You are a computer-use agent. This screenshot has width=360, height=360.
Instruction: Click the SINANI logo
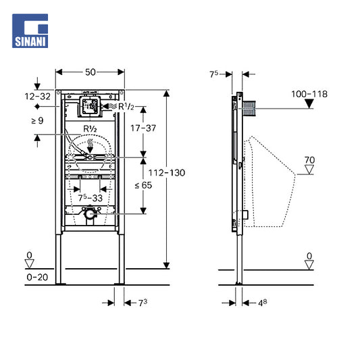coord(30,31)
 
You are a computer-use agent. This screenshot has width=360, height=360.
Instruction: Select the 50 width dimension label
coord(91,72)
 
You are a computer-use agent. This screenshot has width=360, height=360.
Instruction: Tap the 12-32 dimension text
coord(37,97)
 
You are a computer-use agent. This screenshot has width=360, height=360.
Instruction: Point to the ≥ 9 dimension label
coord(37,120)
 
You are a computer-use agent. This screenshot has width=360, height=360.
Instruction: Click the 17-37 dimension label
coord(143,128)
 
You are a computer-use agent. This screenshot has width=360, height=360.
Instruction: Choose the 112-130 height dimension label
coord(167,173)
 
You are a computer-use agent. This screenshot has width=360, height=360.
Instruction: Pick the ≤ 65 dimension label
coord(143,185)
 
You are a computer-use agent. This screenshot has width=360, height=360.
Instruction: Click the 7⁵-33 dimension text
coord(91,198)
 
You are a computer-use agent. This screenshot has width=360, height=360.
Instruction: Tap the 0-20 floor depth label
coord(37,277)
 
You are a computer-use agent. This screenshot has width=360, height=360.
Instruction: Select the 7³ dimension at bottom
coord(143,303)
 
